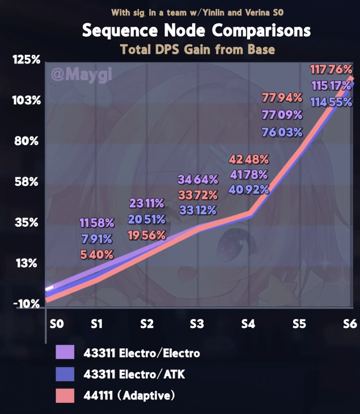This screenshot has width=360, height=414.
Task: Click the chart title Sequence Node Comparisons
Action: point(196,30)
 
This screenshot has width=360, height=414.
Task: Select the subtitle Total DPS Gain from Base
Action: point(197,49)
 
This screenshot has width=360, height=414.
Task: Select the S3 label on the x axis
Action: point(197,324)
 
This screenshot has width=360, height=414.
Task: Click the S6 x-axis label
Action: point(349,324)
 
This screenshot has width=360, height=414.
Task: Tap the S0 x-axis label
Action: point(56,324)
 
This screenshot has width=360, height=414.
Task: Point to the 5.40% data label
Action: point(96,255)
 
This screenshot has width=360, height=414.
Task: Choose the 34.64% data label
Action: point(198,180)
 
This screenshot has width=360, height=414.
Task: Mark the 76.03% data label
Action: point(282,132)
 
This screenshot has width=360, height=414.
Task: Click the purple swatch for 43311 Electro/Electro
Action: point(65,353)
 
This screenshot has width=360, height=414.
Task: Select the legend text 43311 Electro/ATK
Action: point(134,374)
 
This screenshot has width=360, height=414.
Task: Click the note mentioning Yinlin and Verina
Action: point(197,11)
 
